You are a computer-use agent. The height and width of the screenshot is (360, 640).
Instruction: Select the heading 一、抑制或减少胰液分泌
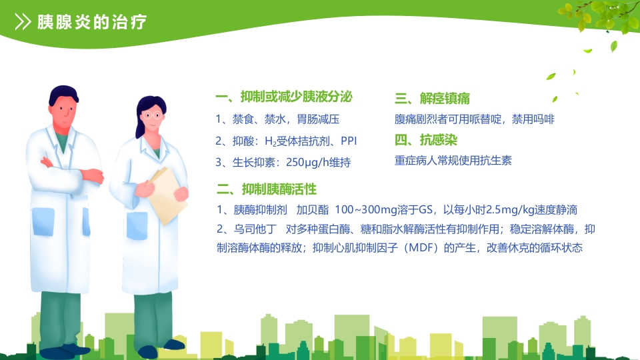pyautogui.click(x=283, y=98)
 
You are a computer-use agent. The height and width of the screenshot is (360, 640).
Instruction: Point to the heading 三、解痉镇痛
pyautogui.click(x=432, y=99)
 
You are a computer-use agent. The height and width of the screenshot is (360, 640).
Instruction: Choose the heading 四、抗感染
pyautogui.click(x=426, y=140)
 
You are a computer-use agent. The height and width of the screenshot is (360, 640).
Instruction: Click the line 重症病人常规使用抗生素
pyautogui.click(x=453, y=161)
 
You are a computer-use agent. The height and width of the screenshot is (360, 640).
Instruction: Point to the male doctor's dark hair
pyautogui.click(x=63, y=93)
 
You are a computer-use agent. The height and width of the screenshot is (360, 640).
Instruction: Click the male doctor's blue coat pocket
pyautogui.click(x=43, y=221)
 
